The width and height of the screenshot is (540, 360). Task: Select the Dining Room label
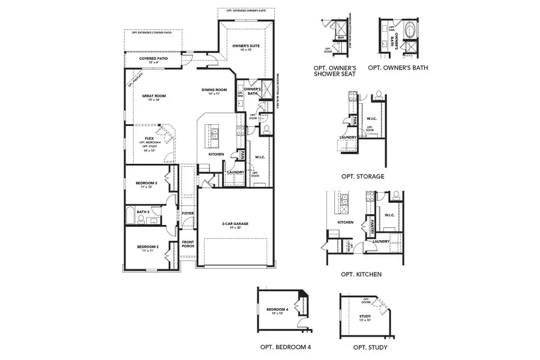click(214, 91)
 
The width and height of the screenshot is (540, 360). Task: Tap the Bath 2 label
click(142, 211)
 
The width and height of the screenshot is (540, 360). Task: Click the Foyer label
click(188, 213)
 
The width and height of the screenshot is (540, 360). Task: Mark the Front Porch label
click(188, 244)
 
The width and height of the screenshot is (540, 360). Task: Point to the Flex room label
click(149, 139)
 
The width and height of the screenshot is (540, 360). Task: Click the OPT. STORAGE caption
click(362, 176)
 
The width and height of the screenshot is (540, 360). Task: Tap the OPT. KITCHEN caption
click(361, 274)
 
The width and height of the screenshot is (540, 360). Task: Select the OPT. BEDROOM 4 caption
click(285, 347)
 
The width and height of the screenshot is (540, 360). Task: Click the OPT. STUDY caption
click(370, 347)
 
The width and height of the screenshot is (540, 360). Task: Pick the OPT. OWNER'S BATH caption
click(398, 68)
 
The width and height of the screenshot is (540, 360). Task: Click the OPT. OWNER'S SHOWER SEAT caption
click(335, 71)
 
